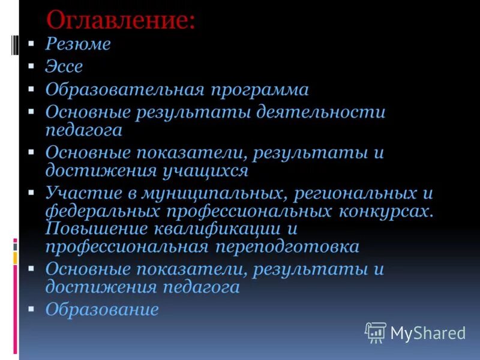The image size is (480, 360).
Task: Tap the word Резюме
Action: (x=77, y=44)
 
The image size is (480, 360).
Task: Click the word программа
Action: (x=259, y=90)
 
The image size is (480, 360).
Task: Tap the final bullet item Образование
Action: (x=102, y=310)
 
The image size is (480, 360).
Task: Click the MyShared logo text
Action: (x=428, y=332)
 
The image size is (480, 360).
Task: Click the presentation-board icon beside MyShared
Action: (x=376, y=332)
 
